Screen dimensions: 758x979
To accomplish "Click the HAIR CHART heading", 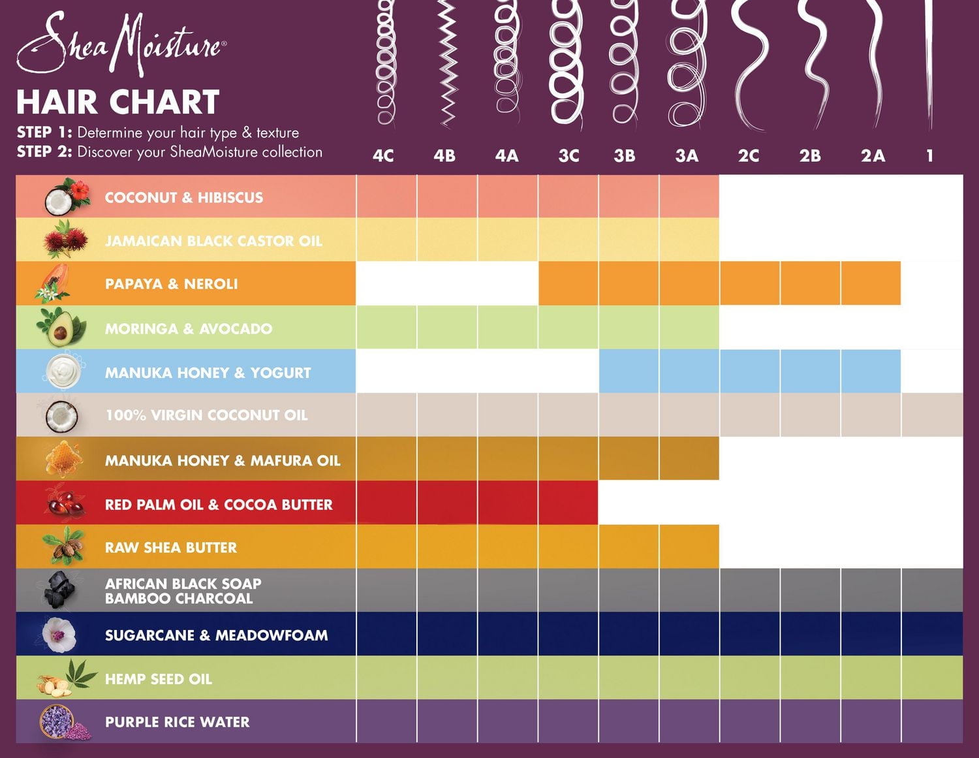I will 117,103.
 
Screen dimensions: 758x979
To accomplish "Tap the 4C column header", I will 383,155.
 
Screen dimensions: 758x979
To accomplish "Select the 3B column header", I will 625,155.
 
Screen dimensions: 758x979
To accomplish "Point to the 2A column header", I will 873,155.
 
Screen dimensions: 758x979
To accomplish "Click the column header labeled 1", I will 929,155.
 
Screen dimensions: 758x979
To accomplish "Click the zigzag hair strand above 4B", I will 446,62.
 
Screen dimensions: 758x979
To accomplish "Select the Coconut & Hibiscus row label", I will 184,197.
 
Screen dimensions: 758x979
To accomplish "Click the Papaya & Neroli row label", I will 171,284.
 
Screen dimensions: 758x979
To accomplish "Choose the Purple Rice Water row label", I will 177,722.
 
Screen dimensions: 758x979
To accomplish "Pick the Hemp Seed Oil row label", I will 159,679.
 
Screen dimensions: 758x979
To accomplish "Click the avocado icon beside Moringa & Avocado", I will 60,329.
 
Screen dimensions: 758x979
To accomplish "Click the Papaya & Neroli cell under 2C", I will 749,283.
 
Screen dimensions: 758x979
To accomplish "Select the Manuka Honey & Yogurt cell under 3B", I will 629,371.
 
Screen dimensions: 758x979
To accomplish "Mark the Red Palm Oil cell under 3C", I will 568,503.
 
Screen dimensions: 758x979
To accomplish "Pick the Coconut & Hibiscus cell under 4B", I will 447,196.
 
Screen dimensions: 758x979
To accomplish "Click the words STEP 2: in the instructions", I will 44,152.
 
